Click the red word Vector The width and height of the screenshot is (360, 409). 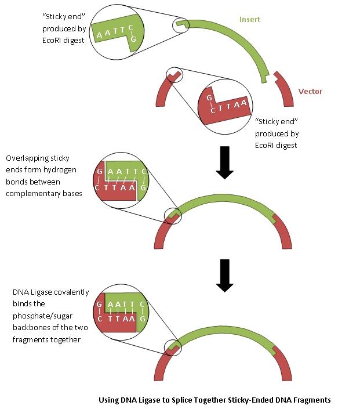pos(310,91)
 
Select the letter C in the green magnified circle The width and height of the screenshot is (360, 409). pos(132,28)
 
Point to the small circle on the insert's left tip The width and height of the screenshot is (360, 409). pos(181,24)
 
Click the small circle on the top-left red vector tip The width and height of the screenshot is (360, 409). pos(174,76)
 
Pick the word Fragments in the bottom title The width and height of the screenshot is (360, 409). pos(310,400)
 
